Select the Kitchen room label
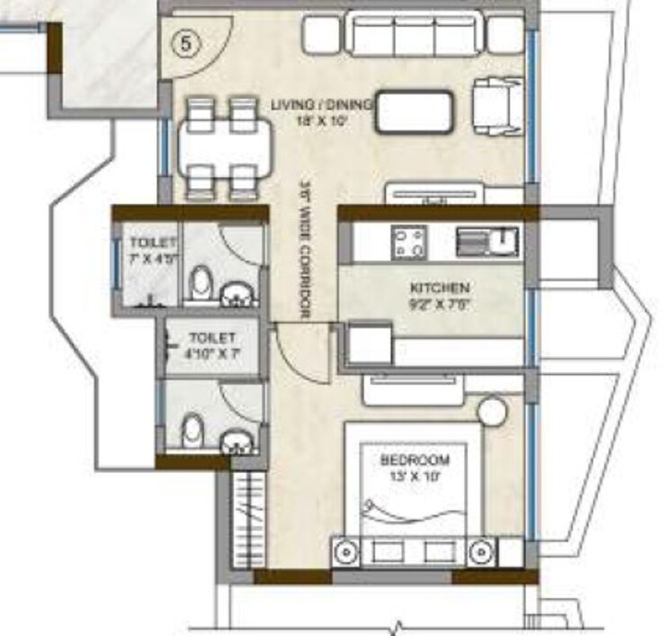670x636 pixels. point(439,288)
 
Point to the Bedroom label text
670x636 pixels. point(415,461)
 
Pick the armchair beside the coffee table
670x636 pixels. point(496,104)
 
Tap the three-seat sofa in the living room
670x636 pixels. point(414,36)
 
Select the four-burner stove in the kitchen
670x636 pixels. point(408,241)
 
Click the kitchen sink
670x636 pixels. point(487,241)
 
